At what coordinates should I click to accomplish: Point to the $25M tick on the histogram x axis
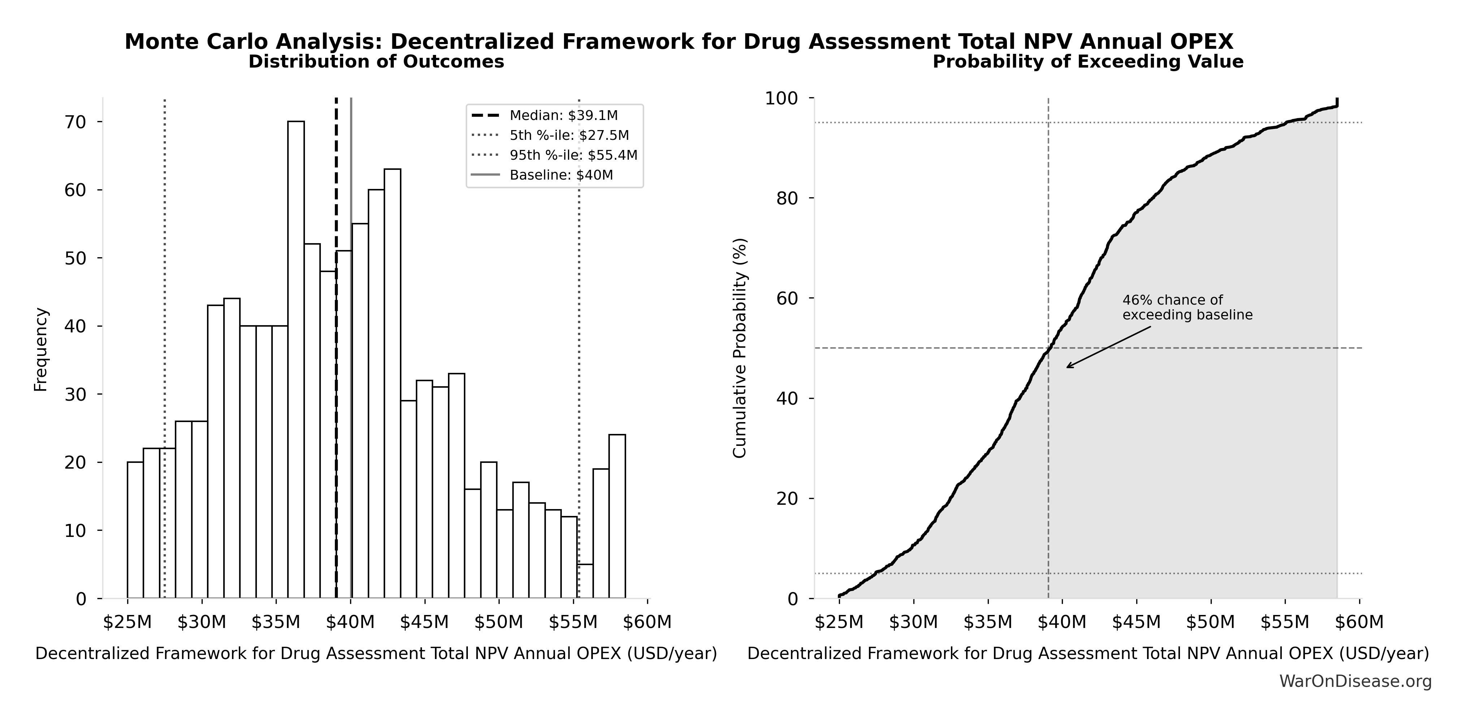128,622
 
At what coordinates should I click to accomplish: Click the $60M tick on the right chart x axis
1359,622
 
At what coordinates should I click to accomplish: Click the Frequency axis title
41,349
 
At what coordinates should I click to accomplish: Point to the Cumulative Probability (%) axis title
739,348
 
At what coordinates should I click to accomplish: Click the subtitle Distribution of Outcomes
376,61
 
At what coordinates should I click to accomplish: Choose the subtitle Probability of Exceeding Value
1087,61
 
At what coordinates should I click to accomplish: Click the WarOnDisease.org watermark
1355,681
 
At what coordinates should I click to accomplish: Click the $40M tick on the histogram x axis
350,622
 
